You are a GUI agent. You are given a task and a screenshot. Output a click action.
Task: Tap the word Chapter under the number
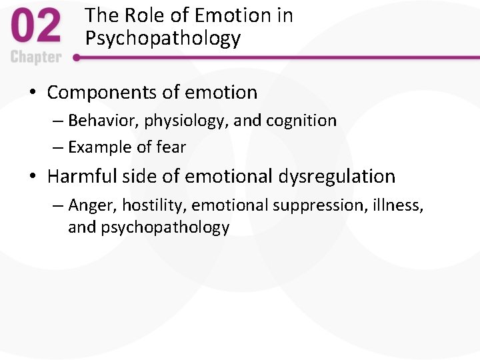click(35, 57)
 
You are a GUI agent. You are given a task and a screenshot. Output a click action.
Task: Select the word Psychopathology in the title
click(163, 38)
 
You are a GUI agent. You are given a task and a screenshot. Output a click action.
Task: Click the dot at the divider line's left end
click(77, 57)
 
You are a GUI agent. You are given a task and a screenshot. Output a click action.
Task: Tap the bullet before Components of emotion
click(33, 93)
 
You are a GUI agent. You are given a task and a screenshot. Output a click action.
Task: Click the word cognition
click(301, 121)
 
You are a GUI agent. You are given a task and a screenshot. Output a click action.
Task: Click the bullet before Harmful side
click(33, 177)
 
